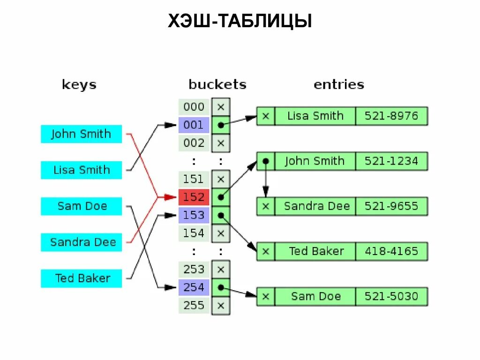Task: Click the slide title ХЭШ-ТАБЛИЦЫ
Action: [x=240, y=22]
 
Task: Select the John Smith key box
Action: [x=81, y=134]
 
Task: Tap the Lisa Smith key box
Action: [x=81, y=170]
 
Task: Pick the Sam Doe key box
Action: [x=81, y=206]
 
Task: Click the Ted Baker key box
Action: [x=81, y=278]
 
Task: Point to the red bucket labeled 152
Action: [x=194, y=197]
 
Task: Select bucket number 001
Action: [x=194, y=125]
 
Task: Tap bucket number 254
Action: [x=194, y=287]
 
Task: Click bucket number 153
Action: [x=194, y=215]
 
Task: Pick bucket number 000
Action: [x=194, y=107]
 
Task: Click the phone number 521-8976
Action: [x=391, y=116]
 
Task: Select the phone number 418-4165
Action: [x=391, y=251]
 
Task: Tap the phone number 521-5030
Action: [x=391, y=296]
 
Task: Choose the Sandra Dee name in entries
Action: [x=316, y=206]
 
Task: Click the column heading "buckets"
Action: [x=217, y=84]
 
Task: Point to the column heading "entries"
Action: [x=338, y=84]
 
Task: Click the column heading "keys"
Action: [x=79, y=85]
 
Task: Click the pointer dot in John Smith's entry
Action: [x=265, y=161]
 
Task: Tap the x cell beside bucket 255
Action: [x=221, y=306]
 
